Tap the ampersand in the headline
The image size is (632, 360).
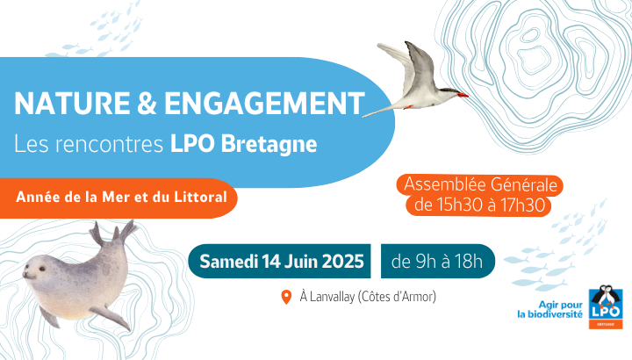(147, 104)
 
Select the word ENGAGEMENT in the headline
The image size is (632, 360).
(264, 104)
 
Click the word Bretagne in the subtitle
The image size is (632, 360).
(269, 144)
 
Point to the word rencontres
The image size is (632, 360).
(109, 144)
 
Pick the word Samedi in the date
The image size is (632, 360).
(228, 262)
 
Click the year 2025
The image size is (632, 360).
(342, 262)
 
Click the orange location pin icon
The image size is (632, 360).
(286, 297)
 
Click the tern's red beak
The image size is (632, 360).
(463, 95)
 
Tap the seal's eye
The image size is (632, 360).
(40, 269)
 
